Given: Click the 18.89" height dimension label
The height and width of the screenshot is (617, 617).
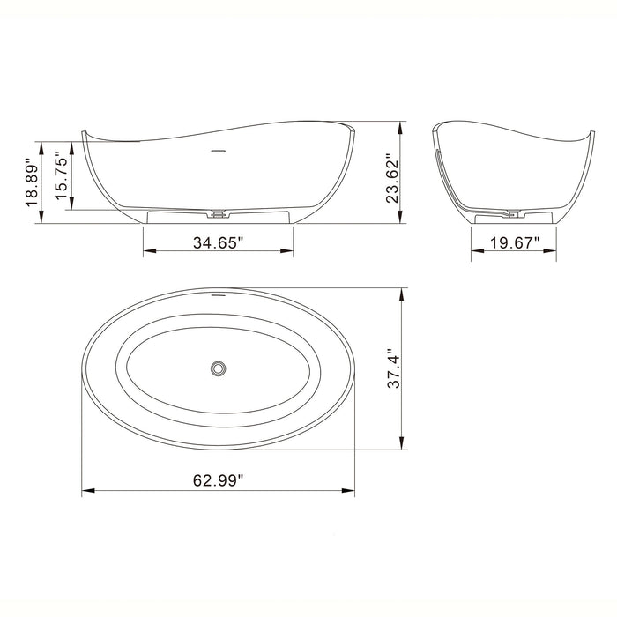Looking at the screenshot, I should click(33, 183).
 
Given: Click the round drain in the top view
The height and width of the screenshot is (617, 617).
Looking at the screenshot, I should click(218, 367).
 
